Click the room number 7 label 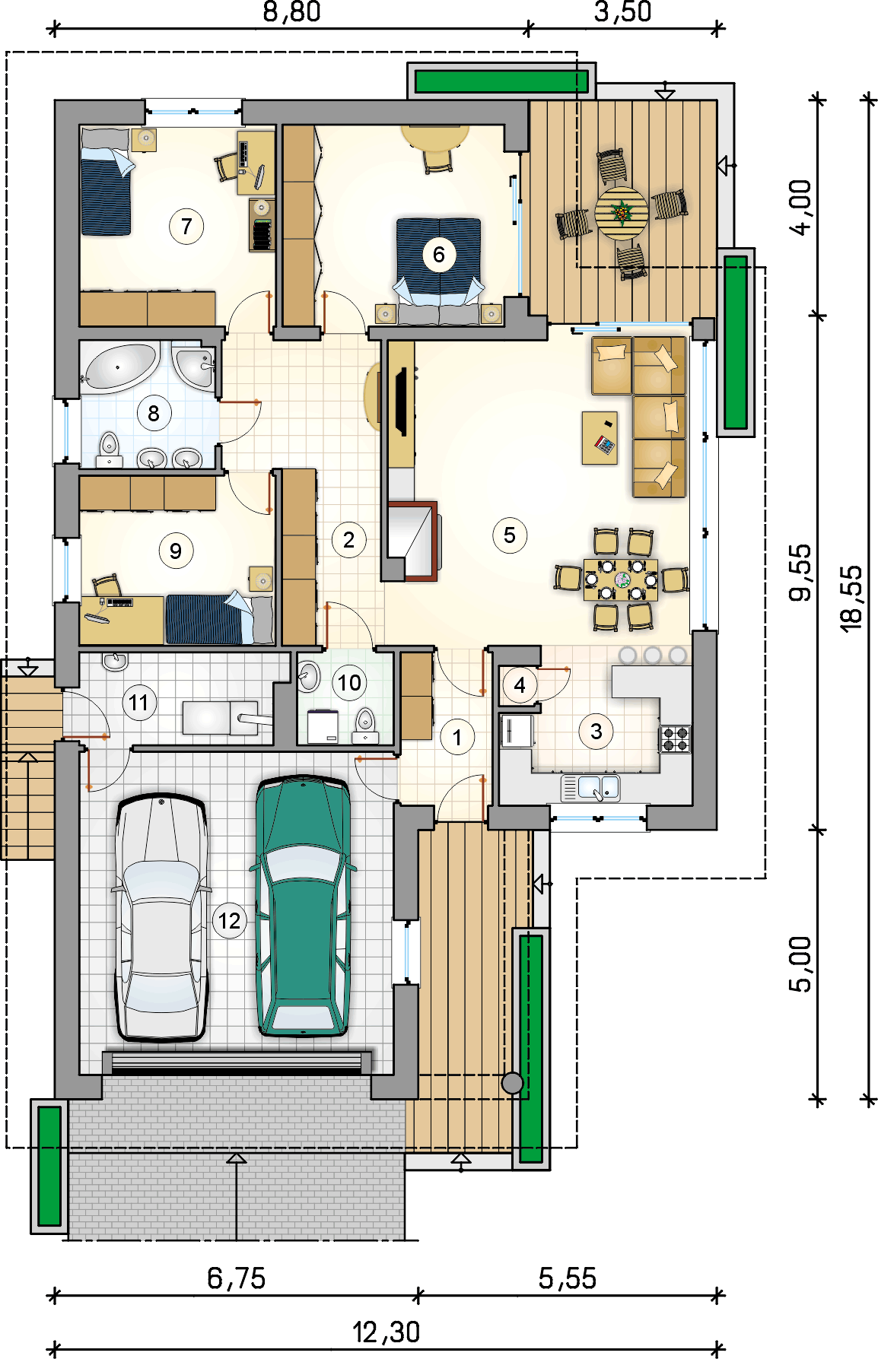[186, 226]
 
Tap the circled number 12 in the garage [229, 921]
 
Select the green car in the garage [304, 906]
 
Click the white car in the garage [161, 918]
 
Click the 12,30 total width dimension [387, 1332]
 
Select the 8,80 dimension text [291, 12]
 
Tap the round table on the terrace [622, 214]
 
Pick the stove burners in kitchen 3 [675, 738]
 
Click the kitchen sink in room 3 [591, 787]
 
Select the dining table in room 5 [621, 579]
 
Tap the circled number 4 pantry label [520, 685]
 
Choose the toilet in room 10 [366, 725]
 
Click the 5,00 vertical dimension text [800, 964]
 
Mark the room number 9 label [176, 551]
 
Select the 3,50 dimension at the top [623, 12]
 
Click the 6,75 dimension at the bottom [237, 1278]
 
